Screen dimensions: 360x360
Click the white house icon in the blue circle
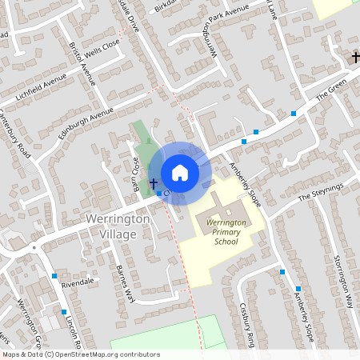(180, 173)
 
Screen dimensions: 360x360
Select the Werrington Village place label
(117, 226)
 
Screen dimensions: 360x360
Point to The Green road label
(332, 94)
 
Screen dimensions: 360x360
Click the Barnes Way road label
(123, 283)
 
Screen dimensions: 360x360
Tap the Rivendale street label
(78, 282)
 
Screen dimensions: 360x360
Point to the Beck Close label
(135, 169)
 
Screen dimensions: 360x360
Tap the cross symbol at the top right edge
(355, 57)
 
